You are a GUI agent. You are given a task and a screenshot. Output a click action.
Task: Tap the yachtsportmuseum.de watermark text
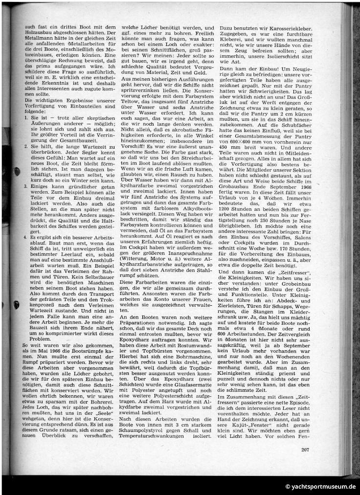click(x=320, y=486)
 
